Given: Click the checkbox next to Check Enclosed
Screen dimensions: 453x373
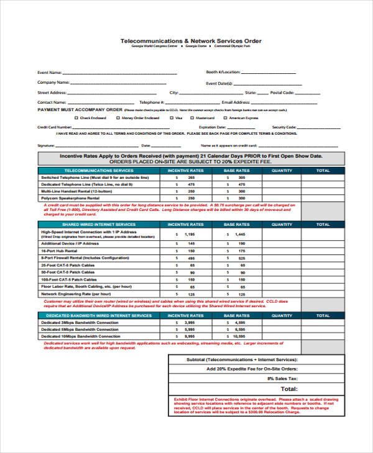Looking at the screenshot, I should click(76, 117).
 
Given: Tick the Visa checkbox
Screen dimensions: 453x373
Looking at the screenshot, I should click(171, 117).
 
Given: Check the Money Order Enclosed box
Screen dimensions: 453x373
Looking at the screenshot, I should click(117, 117).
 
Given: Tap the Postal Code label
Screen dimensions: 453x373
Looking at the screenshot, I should click(282, 92).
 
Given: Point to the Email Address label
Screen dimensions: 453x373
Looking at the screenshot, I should click(236, 102).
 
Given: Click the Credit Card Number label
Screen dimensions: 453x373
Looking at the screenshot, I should click(55, 127).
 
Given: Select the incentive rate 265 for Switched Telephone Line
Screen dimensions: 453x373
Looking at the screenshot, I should click(191, 177).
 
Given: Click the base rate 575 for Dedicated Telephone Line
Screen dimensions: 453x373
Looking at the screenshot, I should click(241, 184).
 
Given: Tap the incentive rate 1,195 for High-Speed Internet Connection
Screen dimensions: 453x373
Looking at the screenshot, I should click(190, 235).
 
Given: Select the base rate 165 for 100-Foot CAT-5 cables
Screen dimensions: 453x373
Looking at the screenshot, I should click(241, 279).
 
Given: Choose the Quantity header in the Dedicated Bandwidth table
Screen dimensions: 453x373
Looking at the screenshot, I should click(282, 315).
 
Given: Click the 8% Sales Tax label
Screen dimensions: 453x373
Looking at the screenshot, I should click(283, 378).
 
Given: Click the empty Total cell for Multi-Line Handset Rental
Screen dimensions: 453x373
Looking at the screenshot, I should click(323, 191).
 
